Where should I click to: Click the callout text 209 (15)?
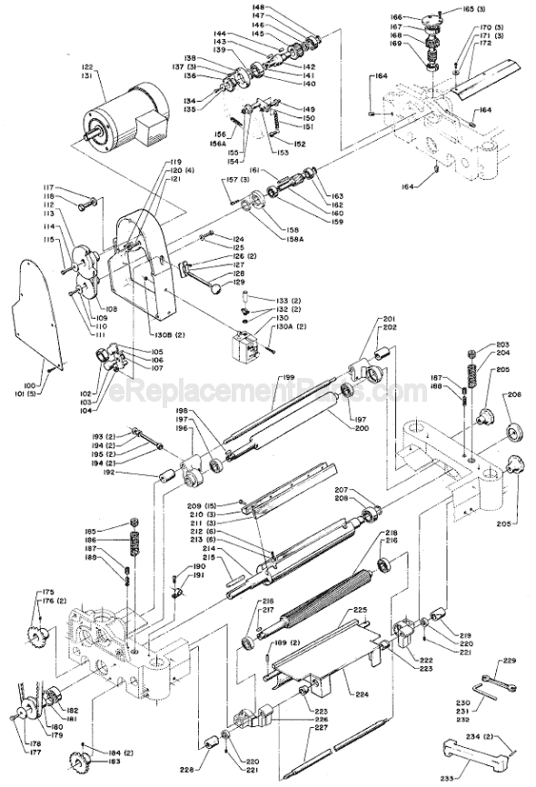click(203, 505)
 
